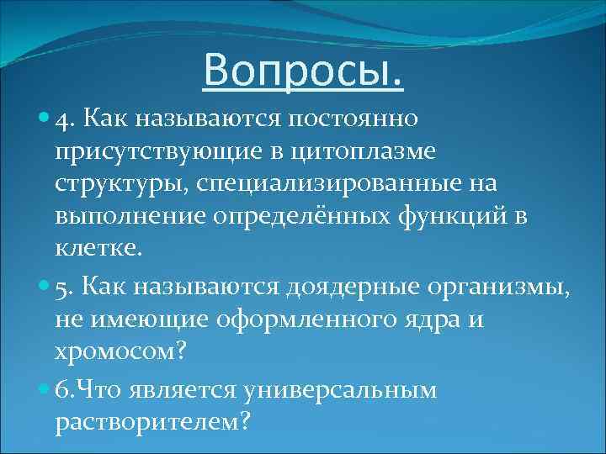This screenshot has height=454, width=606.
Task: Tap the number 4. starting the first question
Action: point(65,119)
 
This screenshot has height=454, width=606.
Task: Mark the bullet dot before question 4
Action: point(45,119)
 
